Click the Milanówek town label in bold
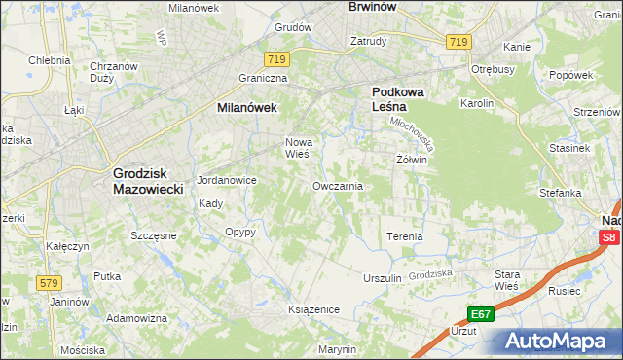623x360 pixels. click(x=246, y=109)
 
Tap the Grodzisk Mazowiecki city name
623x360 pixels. click(x=148, y=181)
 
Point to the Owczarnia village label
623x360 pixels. click(x=337, y=185)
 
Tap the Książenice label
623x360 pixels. click(x=312, y=309)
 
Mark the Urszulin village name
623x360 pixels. click(x=382, y=277)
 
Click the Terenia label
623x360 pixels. click(x=404, y=236)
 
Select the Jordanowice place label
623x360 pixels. click(x=226, y=181)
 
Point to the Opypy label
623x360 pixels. click(x=239, y=233)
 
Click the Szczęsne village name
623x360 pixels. click(x=153, y=235)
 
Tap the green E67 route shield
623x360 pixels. click(x=479, y=314)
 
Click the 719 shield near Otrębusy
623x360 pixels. click(x=458, y=42)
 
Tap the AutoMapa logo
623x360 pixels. click(x=560, y=341)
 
